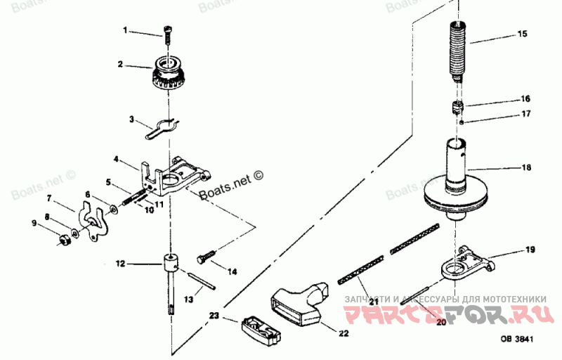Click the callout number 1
[126, 30]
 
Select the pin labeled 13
[204, 281]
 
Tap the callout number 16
[525, 98]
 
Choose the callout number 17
[525, 113]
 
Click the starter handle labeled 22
[299, 305]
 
